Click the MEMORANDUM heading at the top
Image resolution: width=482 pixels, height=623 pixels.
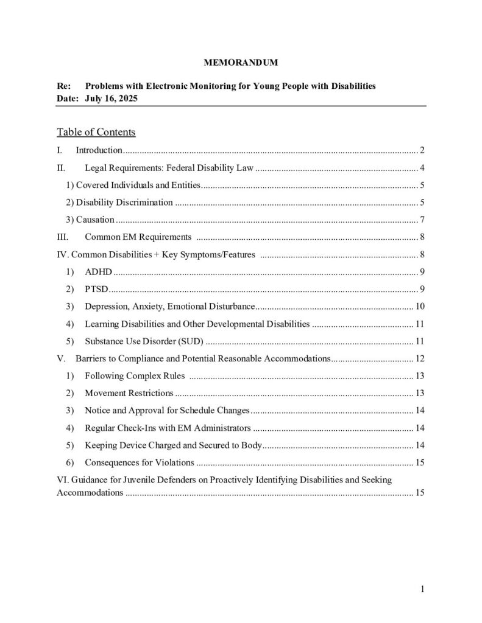point(240,62)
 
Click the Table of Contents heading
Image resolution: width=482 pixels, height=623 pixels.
point(96,132)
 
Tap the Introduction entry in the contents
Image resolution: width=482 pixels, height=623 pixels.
point(99,150)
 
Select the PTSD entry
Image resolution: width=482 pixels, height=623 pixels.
point(97,288)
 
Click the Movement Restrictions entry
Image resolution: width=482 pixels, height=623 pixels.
point(129,393)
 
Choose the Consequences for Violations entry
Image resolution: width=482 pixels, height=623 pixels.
point(140,462)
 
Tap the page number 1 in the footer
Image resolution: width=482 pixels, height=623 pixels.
point(421,588)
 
